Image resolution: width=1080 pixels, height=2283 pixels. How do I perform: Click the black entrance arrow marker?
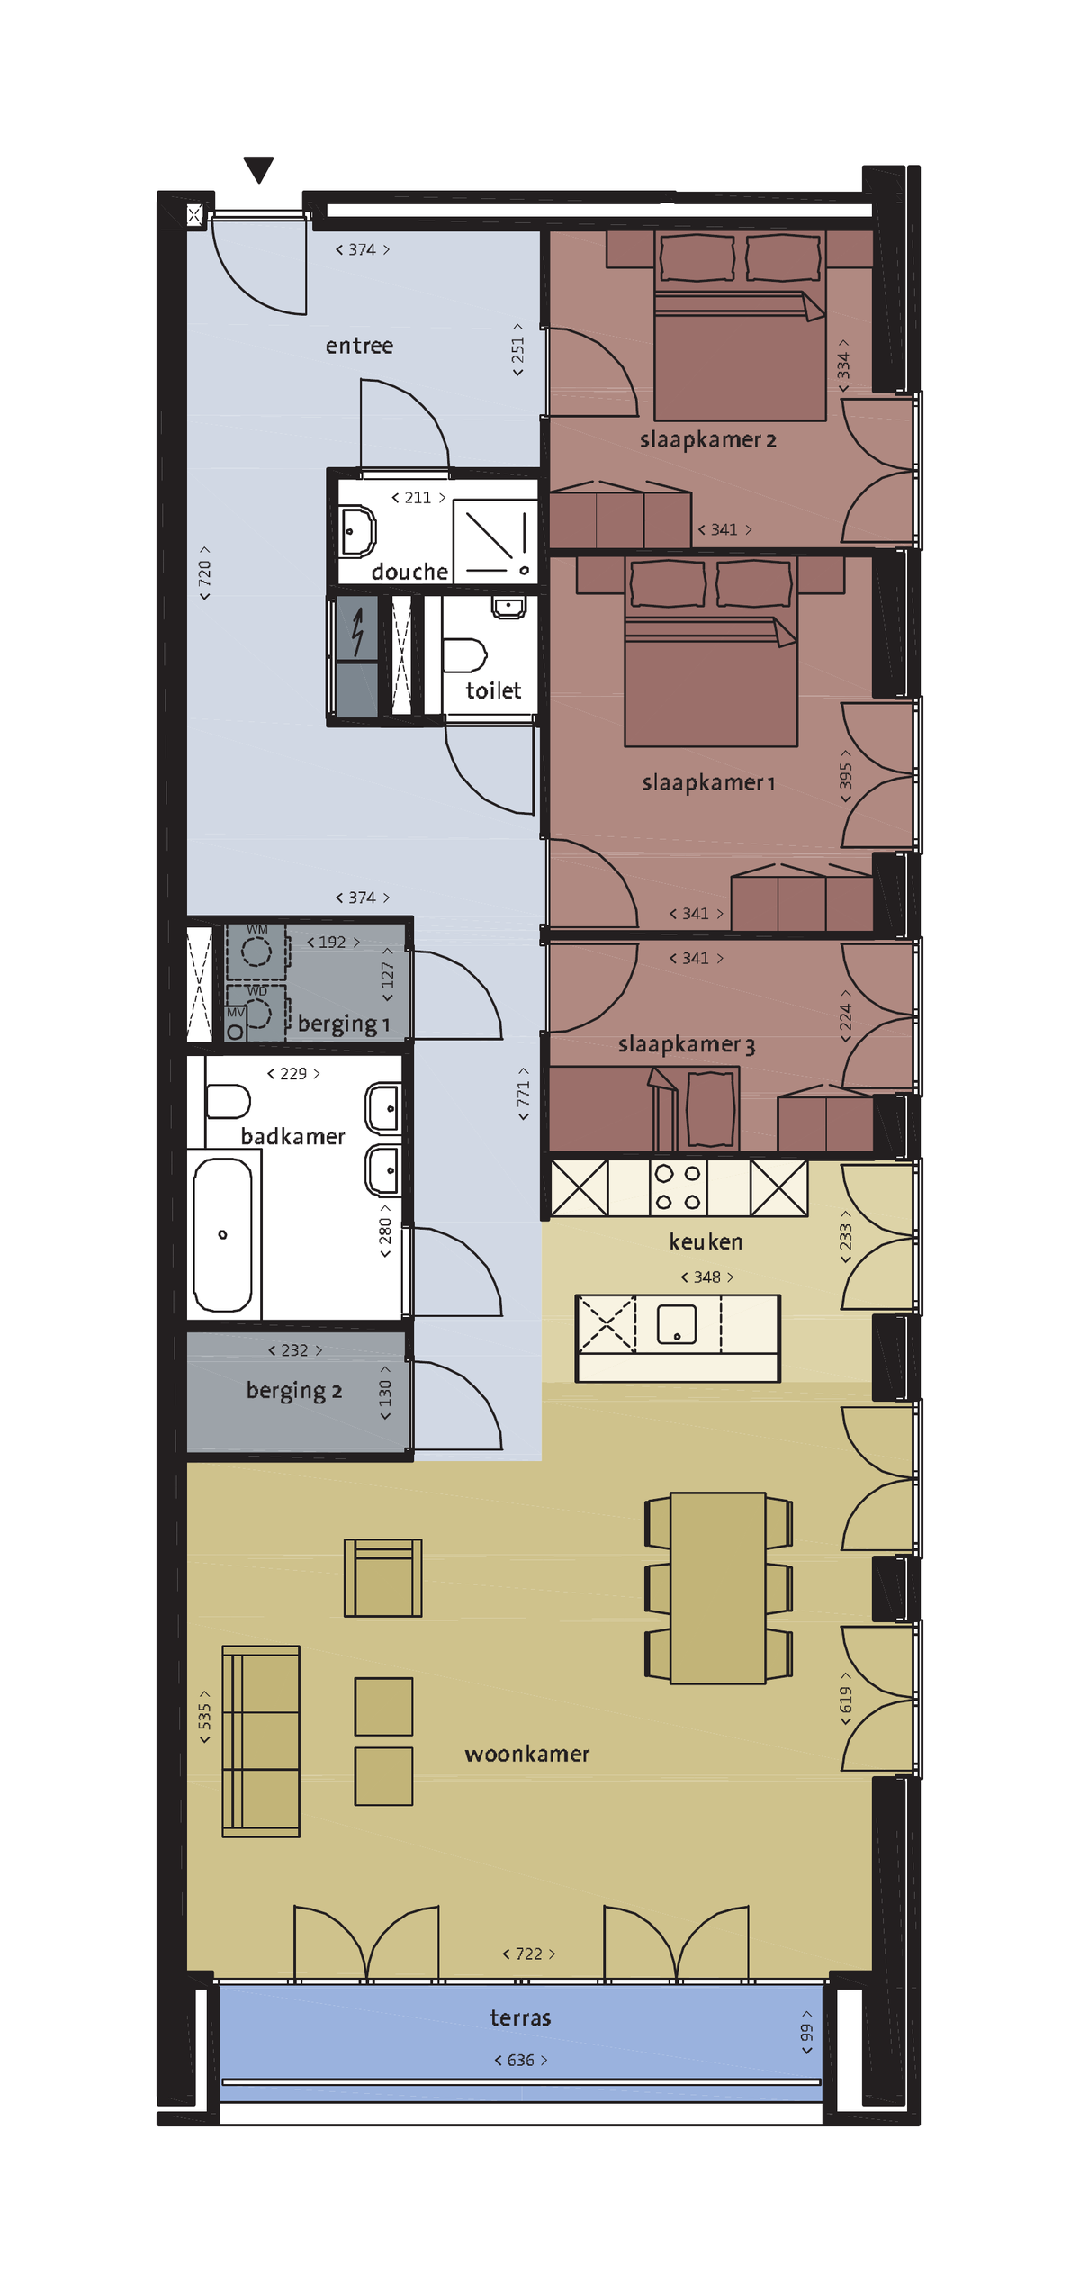258,168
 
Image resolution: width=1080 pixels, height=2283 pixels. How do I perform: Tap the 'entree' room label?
359,346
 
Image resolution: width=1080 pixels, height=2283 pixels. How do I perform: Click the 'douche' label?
409,572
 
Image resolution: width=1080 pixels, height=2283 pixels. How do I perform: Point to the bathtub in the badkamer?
223,1234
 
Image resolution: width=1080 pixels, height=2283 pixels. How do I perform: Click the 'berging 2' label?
294,1391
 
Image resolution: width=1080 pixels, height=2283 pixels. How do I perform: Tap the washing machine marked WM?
256,951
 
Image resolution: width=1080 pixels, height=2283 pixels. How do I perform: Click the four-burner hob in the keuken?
678,1187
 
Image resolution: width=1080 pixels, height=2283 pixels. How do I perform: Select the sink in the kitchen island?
677,1324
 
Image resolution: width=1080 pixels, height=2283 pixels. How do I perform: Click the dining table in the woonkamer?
718,1588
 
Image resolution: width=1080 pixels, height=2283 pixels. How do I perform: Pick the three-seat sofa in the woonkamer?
261,1741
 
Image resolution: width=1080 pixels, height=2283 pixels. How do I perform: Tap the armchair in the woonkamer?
383,1577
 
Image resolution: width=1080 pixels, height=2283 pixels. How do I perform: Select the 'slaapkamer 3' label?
687,1044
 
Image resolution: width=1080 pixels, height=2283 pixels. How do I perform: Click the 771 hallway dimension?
523,1094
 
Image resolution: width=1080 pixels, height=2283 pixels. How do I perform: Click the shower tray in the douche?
495,541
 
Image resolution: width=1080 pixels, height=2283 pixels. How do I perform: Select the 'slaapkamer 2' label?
708,439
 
